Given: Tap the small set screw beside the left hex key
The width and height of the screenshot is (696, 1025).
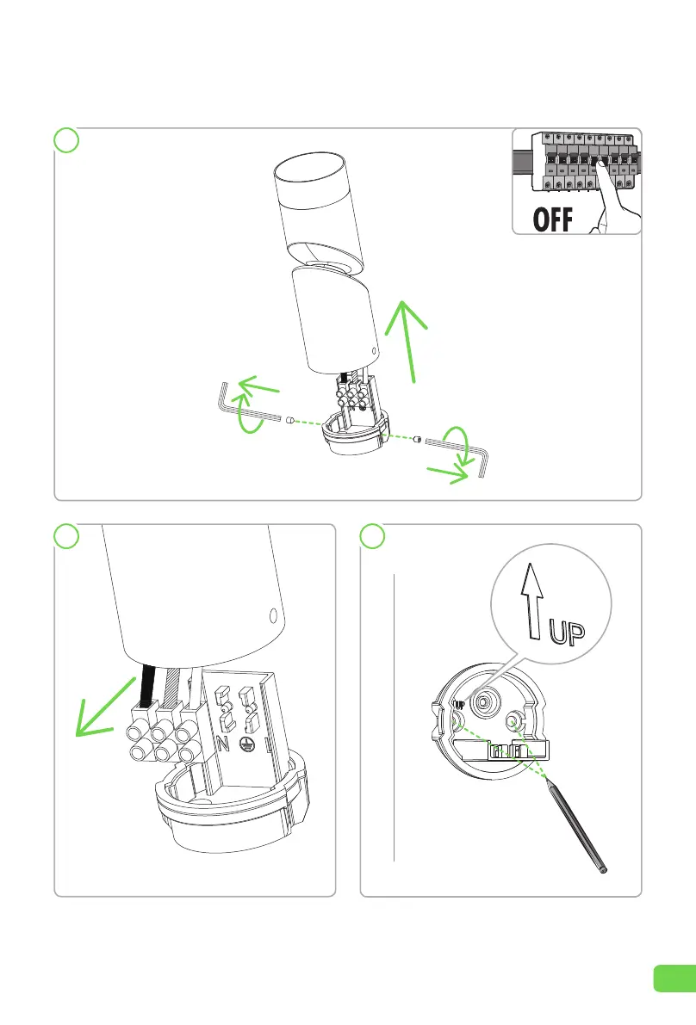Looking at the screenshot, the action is (291, 420).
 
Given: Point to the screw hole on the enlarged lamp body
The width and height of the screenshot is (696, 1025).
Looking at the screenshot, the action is (273, 615).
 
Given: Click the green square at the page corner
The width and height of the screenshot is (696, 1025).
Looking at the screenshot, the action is (674, 979).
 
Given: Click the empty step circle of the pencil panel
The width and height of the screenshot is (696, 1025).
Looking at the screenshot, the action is (374, 536).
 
